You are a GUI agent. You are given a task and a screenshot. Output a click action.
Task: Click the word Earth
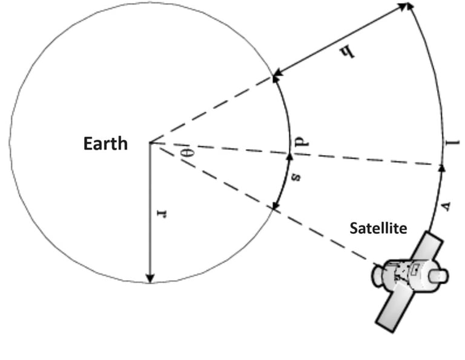pos(105,144)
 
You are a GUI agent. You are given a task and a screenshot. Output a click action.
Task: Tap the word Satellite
pos(378,228)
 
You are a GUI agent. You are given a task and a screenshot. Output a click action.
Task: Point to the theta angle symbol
pos(190,151)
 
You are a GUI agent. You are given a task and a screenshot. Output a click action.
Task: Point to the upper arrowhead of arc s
pos(289,156)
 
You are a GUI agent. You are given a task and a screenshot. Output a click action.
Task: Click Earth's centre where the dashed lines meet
pos(150,142)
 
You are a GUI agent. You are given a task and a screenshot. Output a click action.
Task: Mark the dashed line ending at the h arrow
pos(212,109)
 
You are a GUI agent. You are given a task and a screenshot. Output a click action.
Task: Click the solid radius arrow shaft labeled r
pos(150,212)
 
